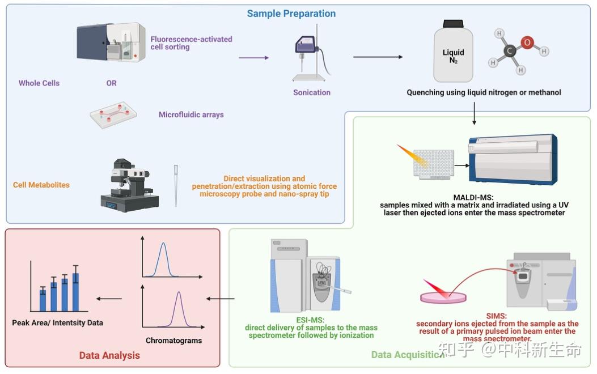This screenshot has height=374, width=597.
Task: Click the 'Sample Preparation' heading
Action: [291, 14]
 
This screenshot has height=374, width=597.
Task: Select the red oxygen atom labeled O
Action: [527, 42]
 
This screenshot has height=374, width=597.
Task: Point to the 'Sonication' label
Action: [312, 92]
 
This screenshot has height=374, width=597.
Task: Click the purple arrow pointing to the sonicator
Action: [253, 57]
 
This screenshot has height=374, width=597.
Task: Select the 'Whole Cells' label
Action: [39, 83]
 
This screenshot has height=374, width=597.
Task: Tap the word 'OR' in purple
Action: [111, 83]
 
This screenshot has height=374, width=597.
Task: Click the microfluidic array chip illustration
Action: [114, 115]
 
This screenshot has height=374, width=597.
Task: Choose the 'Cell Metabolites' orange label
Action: [41, 185]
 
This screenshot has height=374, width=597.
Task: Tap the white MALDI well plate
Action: [434, 165]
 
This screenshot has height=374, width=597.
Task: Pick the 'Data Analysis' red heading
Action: [109, 355]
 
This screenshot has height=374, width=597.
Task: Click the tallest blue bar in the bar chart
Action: [75, 292]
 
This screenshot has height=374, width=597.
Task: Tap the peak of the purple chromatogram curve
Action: [179, 293]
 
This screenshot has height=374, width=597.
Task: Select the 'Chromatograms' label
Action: [173, 341]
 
